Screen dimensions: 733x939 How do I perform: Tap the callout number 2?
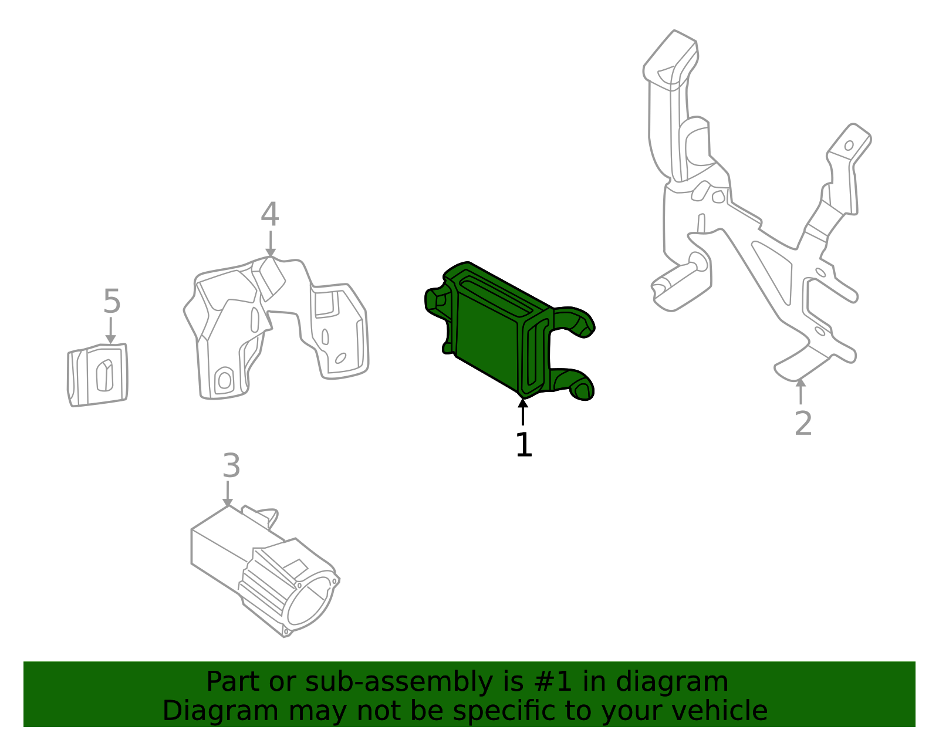(803, 424)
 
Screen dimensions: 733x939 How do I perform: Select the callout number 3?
(231, 467)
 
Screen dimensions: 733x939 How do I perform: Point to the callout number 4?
(269, 215)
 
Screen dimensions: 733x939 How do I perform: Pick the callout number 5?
(112, 302)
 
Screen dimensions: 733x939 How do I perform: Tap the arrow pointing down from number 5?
(110, 330)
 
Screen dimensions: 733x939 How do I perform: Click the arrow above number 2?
(800, 391)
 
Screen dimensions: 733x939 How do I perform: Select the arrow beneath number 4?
(270, 244)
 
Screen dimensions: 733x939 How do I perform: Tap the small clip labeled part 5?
(98, 375)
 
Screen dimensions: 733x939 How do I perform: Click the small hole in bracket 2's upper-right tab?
(849, 145)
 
